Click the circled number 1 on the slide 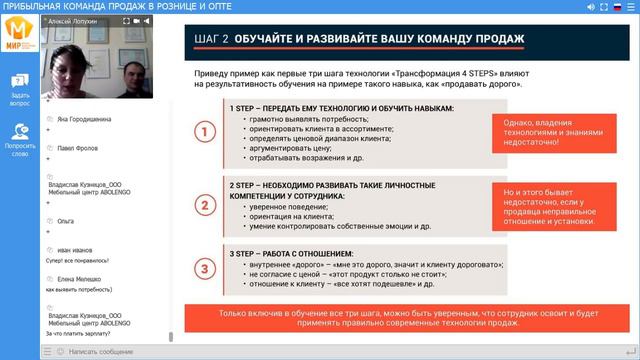click(x=205, y=133)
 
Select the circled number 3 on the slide click(x=205, y=268)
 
